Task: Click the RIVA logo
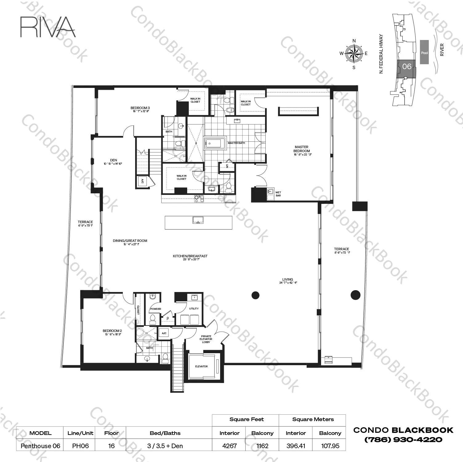click(48, 27)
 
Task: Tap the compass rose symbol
click(354, 53)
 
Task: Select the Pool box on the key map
click(424, 53)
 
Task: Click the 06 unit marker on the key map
click(407, 66)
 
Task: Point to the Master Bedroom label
click(301, 149)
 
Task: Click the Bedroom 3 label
click(140, 108)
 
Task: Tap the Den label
click(113, 160)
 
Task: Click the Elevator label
click(201, 366)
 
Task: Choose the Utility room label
click(194, 309)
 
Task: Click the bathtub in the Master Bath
click(215, 143)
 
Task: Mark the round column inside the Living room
click(256, 295)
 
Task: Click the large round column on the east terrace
click(355, 295)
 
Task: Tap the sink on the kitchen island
click(198, 220)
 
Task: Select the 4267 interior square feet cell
click(229, 446)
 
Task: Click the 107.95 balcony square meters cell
click(330, 446)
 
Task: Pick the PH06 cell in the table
click(80, 446)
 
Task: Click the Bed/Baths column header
click(165, 433)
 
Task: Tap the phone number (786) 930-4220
click(403, 440)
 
